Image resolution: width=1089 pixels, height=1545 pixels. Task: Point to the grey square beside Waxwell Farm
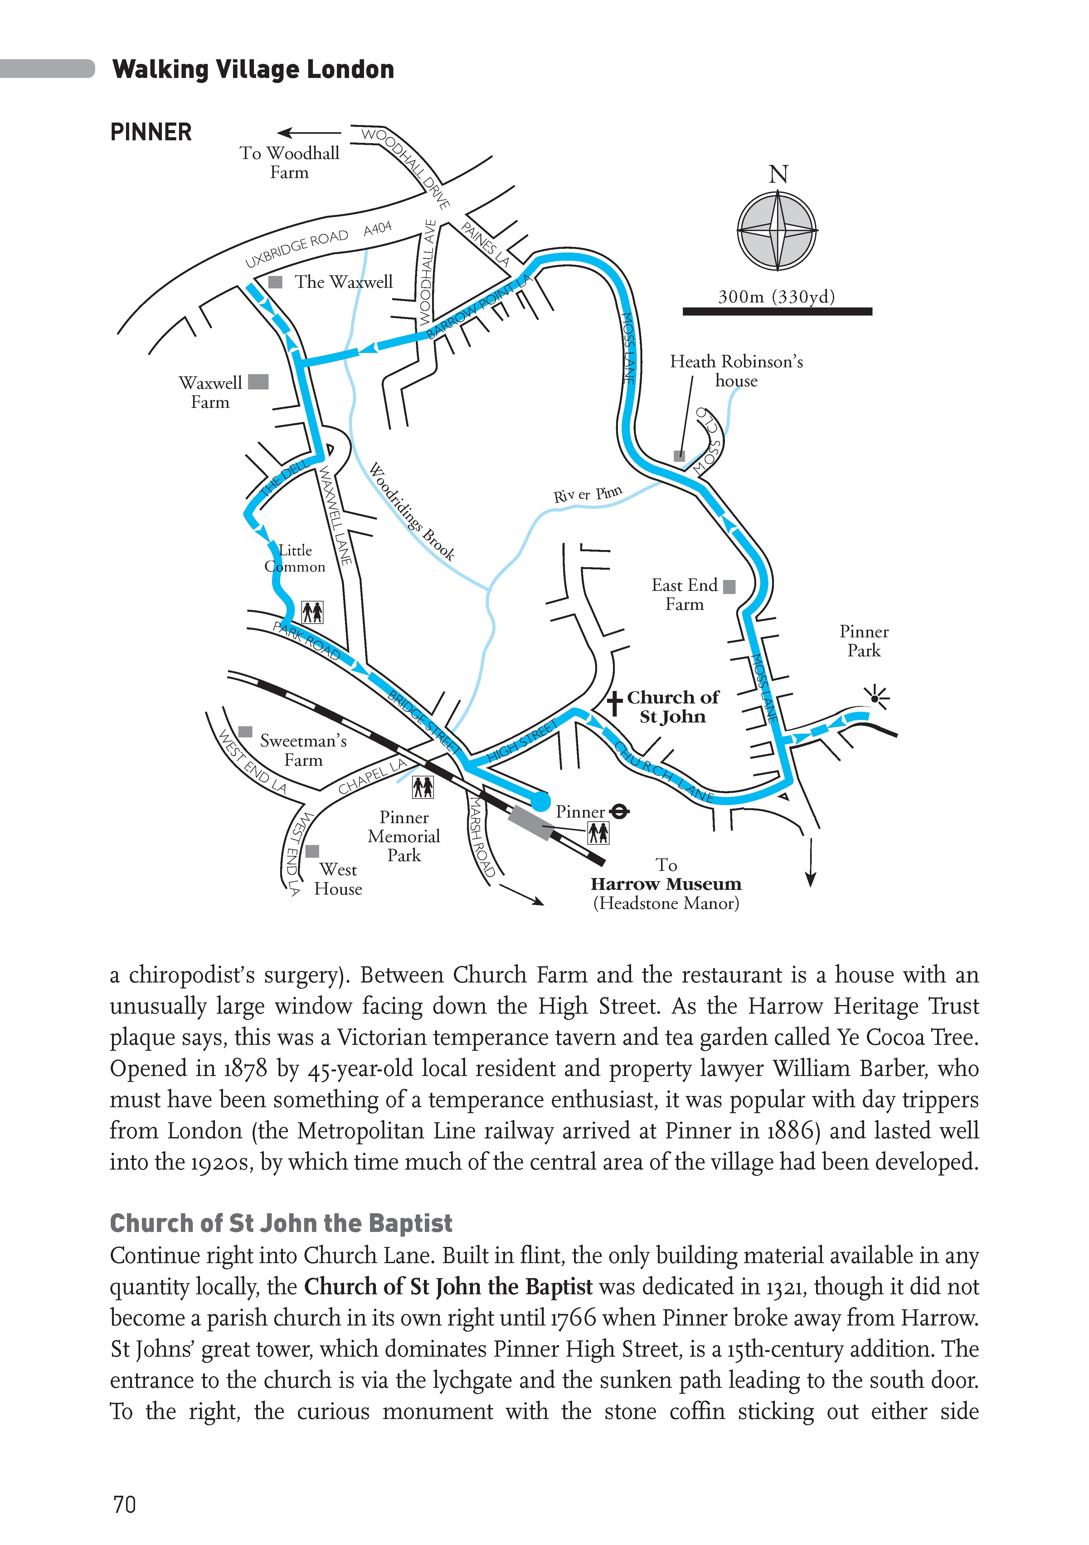pos(259,382)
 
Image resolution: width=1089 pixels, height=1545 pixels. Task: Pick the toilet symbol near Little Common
pos(312,612)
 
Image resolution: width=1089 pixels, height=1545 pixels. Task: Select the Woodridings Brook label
pos(412,511)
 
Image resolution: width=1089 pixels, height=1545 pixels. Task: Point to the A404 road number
pos(377,229)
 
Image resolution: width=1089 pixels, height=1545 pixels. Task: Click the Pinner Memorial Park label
pos(404,837)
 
